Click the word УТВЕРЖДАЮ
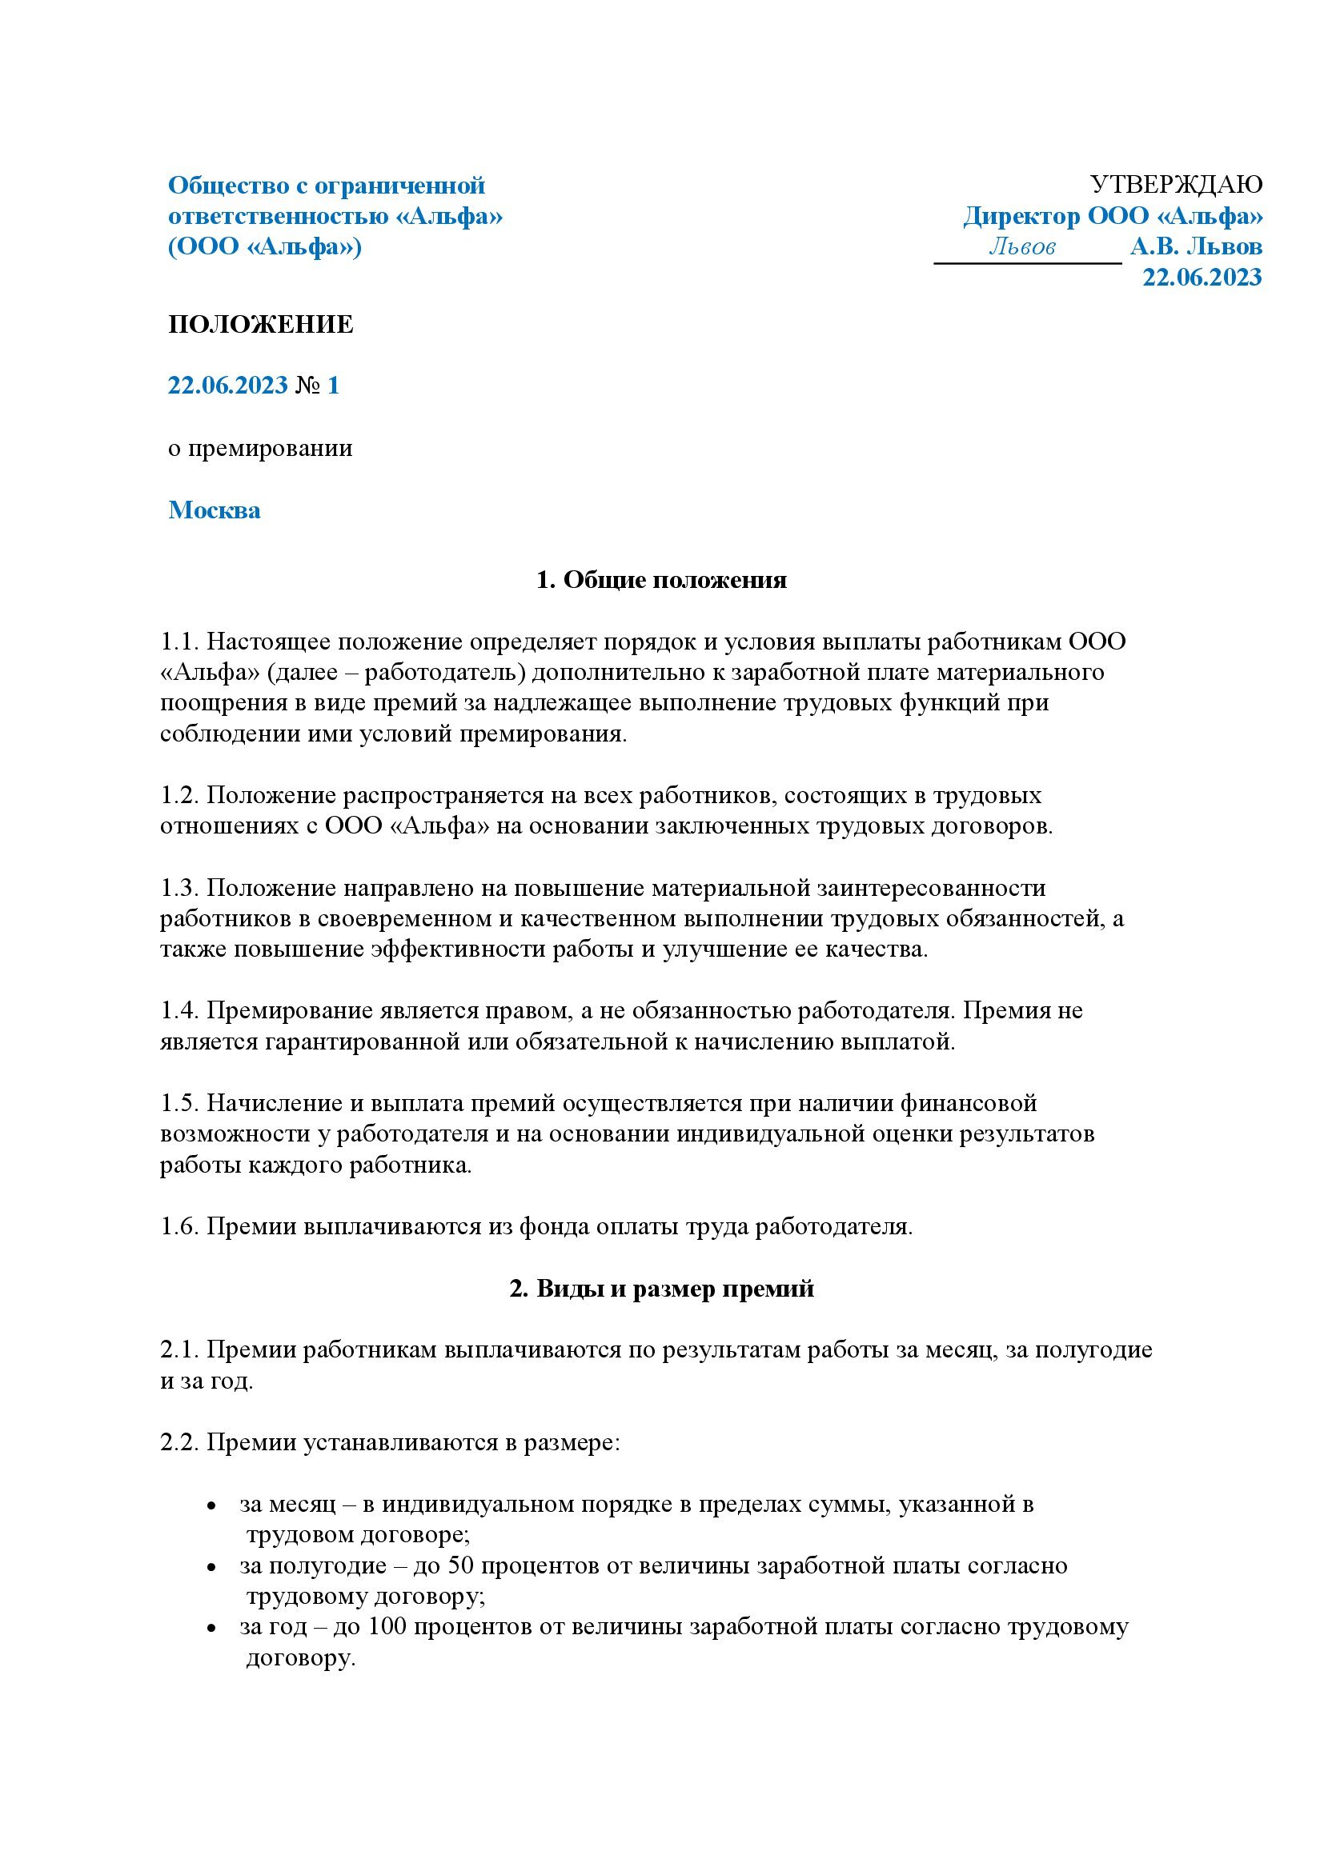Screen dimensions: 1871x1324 (x=1176, y=185)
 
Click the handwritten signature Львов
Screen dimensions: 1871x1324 (x=1022, y=246)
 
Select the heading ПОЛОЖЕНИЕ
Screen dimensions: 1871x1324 (x=261, y=324)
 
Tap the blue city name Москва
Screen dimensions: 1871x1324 (x=215, y=510)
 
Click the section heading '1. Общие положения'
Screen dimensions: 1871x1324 (x=661, y=580)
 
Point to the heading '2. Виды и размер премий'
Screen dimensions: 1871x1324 (x=661, y=1289)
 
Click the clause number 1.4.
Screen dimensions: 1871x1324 (x=179, y=1010)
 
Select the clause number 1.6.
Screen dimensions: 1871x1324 (x=179, y=1226)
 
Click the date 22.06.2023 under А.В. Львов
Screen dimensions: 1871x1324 (x=1202, y=277)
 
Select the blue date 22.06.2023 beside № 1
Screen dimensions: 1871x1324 (x=227, y=386)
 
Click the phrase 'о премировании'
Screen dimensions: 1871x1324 (x=260, y=448)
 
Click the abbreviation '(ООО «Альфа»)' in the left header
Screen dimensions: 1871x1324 (x=265, y=246)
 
